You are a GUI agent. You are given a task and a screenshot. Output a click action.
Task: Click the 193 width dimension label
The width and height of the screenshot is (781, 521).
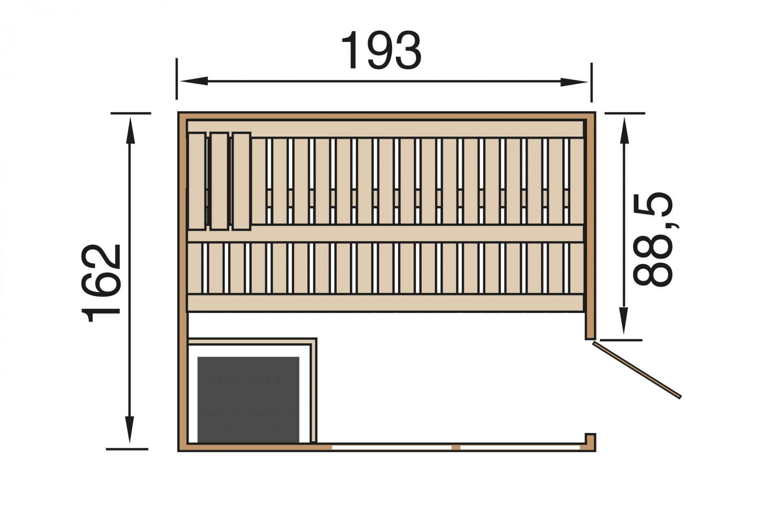pyautogui.click(x=381, y=51)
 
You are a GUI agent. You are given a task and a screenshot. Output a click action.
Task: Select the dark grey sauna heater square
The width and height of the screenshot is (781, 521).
pyautogui.click(x=248, y=399)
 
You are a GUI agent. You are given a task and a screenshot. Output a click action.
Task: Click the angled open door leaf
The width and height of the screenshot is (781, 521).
pyautogui.click(x=637, y=370)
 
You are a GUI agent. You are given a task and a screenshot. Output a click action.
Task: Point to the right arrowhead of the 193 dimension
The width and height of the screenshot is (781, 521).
pyautogui.click(x=574, y=82)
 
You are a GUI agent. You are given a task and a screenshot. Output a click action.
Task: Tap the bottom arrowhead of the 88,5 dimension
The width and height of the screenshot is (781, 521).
pyautogui.click(x=624, y=320)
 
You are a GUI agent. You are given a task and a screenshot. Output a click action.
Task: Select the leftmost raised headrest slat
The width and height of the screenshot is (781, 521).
pyautogui.click(x=197, y=181)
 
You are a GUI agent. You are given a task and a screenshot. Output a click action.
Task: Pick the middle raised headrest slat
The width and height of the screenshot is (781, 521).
pyautogui.click(x=219, y=181)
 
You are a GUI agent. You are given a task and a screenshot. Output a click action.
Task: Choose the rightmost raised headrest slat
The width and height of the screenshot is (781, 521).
pyautogui.click(x=241, y=181)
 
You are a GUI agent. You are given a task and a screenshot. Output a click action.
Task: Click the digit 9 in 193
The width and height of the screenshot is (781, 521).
pyautogui.click(x=381, y=51)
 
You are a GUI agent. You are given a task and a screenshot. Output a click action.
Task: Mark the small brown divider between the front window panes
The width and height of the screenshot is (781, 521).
pyautogui.click(x=456, y=447)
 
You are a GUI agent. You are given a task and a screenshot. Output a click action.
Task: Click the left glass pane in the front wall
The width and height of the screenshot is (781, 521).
pyautogui.click(x=391, y=447)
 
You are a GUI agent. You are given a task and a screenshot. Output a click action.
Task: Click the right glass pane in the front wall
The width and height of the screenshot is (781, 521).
pyautogui.click(x=520, y=447)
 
